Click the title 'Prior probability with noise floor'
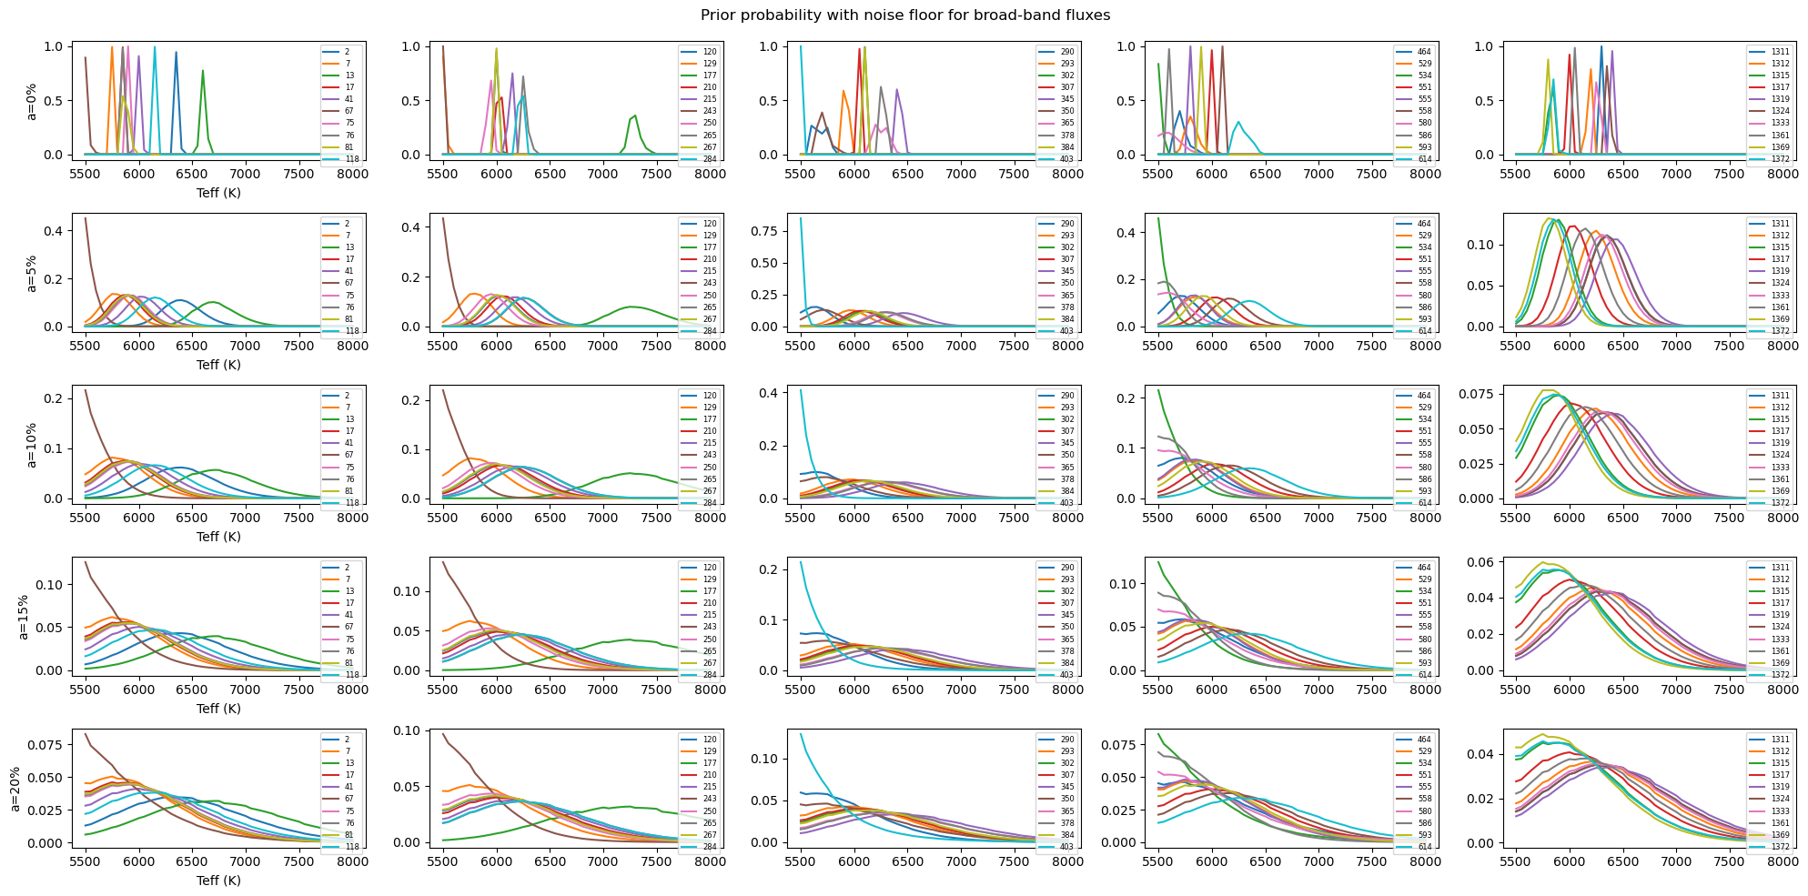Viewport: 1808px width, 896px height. pos(904,15)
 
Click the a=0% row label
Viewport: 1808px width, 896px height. pos(31,101)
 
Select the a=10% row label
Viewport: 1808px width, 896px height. pos(31,445)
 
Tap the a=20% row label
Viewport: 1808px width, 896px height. pos(15,789)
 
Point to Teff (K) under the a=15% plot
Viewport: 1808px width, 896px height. pos(218,709)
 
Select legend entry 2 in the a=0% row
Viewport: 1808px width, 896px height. pos(347,52)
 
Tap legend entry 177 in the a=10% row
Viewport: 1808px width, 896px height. pos(710,419)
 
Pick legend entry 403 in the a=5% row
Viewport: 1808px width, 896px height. pos(1067,331)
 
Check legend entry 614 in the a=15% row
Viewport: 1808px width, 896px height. pos(1424,675)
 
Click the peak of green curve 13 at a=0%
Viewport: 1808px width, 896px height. pos(203,71)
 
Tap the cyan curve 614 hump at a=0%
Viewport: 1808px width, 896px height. pos(1237,122)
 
